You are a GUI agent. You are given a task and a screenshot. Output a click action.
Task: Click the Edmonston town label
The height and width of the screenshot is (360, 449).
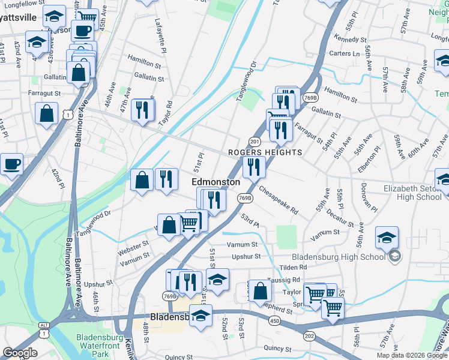(x=215, y=182)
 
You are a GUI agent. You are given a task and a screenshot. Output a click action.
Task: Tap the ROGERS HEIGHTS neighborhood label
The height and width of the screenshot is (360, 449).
(x=265, y=152)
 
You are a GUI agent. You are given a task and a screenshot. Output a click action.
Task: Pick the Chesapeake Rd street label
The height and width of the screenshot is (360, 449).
(x=279, y=200)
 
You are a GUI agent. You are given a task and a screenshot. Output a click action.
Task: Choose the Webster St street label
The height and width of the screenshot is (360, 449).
(x=133, y=246)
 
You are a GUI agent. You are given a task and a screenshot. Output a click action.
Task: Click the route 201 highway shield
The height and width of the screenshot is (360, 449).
(x=255, y=142)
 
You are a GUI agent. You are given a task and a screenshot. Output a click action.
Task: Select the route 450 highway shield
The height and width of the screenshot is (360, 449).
(x=275, y=321)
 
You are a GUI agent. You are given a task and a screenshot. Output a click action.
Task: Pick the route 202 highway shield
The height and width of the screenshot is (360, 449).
(x=309, y=335)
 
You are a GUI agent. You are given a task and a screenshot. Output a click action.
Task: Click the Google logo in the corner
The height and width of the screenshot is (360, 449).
(x=20, y=353)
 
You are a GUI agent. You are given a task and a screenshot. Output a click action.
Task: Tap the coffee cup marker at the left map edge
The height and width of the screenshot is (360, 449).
(x=11, y=164)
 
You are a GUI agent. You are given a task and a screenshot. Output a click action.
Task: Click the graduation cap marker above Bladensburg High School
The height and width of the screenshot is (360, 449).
(x=387, y=238)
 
